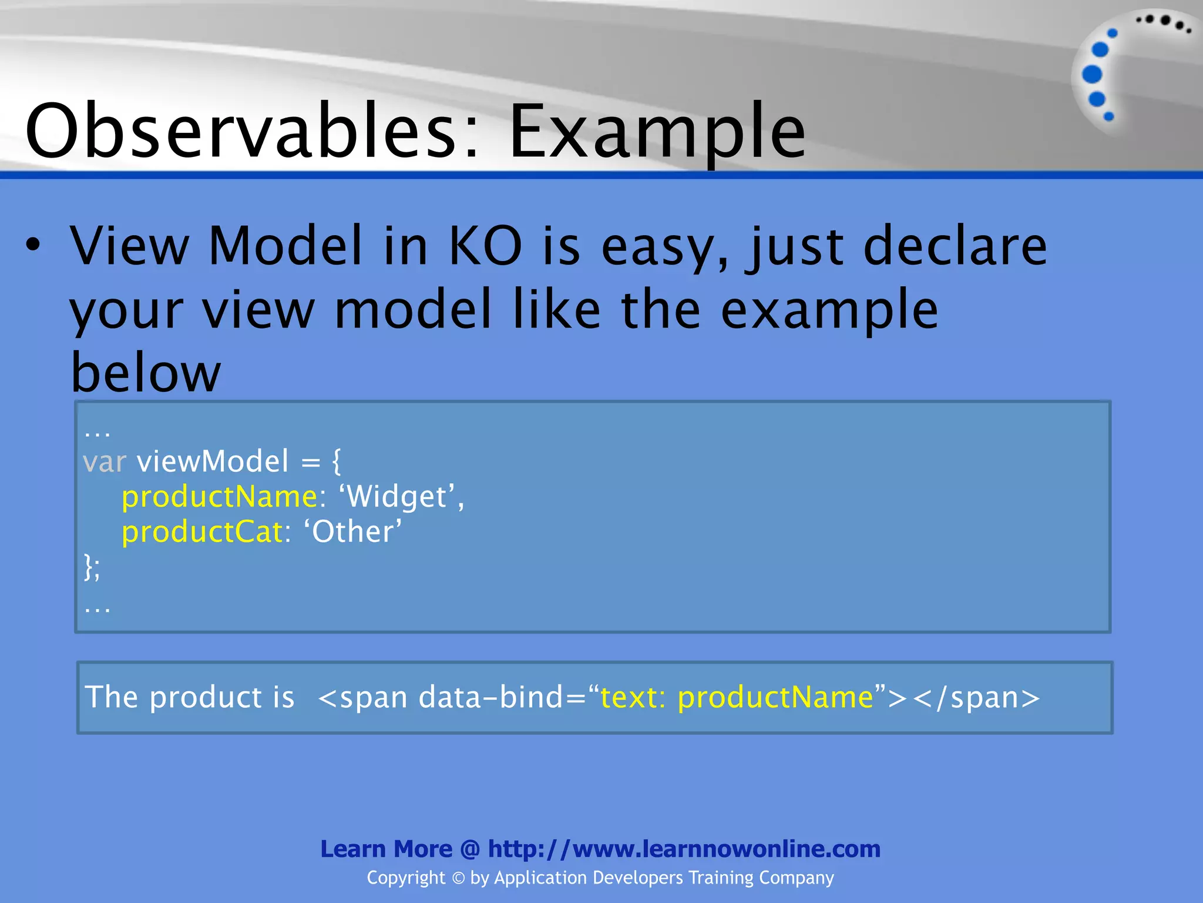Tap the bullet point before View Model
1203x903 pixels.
click(x=33, y=245)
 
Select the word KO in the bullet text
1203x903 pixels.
click(x=485, y=246)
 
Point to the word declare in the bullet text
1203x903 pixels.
click(x=955, y=246)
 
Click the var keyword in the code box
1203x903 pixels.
click(x=104, y=461)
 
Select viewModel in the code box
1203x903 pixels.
click(x=213, y=461)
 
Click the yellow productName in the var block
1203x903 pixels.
click(x=219, y=497)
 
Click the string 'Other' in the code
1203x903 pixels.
click(x=352, y=532)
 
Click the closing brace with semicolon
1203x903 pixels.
click(x=92, y=567)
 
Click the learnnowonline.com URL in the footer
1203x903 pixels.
click(x=684, y=849)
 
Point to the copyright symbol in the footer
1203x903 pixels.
click(x=458, y=878)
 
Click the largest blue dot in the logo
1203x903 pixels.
click(x=1092, y=75)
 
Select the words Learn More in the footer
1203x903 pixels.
click(x=386, y=849)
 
